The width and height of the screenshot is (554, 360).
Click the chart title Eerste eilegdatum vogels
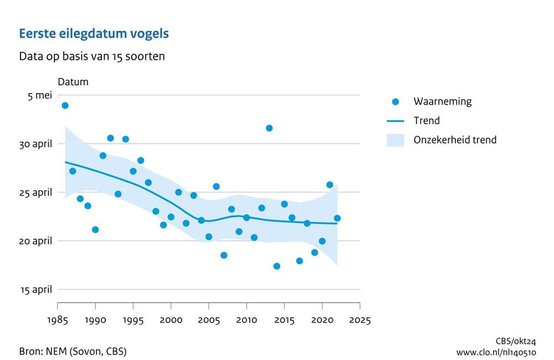94,34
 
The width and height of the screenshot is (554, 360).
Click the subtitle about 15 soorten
91,56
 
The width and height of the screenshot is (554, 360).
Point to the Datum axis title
73,82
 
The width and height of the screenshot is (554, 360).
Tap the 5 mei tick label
40,95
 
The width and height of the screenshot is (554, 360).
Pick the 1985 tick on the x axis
58,320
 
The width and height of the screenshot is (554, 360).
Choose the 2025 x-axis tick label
360,320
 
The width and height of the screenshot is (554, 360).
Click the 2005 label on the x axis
209,320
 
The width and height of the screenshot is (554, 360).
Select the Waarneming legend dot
395,102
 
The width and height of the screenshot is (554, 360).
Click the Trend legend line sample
395,121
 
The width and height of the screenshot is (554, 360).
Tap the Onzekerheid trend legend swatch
395,140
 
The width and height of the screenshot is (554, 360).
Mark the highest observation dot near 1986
65,105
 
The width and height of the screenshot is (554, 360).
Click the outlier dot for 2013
269,128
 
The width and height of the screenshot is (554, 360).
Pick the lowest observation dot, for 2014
277,266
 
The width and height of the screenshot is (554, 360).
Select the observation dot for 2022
337,218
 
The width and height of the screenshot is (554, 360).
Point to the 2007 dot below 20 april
224,255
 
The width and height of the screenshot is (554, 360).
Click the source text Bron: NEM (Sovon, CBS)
73,351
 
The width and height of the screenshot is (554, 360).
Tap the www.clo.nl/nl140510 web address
496,352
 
